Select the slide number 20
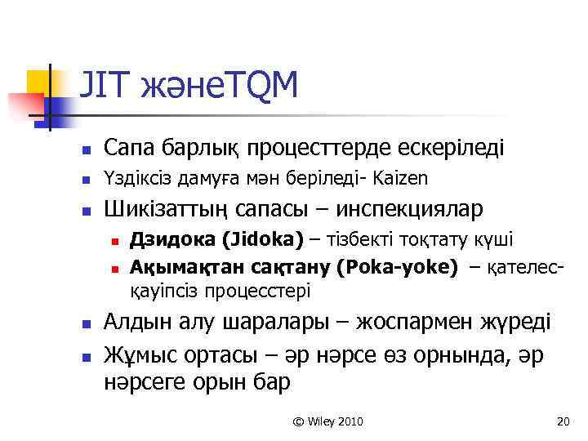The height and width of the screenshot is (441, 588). (x=561, y=421)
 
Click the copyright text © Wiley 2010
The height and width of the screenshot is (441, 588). (x=327, y=421)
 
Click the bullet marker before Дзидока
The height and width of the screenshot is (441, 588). (x=115, y=241)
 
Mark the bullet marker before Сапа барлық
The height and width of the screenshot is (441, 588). (x=85, y=150)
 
